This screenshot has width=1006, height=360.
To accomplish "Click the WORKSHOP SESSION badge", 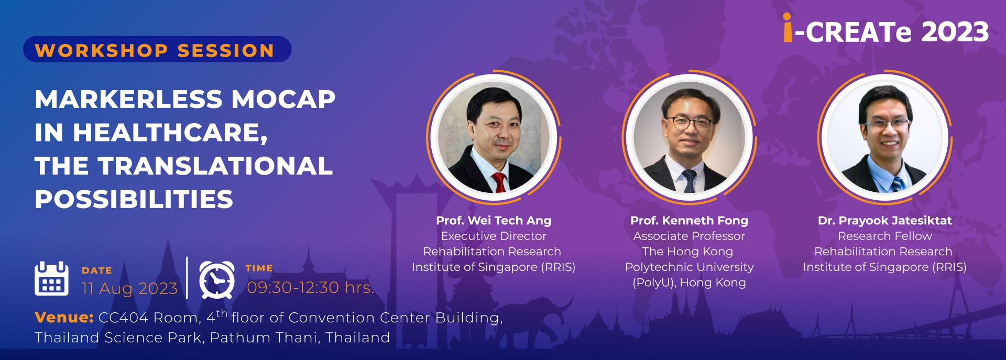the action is point(157,49).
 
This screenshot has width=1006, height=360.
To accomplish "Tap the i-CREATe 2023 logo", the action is point(886,31).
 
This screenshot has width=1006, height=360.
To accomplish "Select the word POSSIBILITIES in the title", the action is point(134,199).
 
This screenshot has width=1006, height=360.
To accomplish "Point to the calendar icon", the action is point(51,278).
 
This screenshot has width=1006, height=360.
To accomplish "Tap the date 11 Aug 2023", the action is point(129,289).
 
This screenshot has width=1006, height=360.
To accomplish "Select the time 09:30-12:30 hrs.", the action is point(310,287).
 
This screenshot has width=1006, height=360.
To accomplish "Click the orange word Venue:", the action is point(64,317).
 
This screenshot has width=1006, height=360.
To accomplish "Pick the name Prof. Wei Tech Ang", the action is point(494,221).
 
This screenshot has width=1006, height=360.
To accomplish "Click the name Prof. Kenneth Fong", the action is point(689,221).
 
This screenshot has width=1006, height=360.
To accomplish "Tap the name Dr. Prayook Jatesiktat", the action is point(885,221).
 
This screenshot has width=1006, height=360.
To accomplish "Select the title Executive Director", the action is point(494,236).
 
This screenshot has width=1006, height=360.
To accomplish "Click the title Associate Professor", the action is point(689,236).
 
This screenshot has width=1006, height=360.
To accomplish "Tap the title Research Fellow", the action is point(885,236).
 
